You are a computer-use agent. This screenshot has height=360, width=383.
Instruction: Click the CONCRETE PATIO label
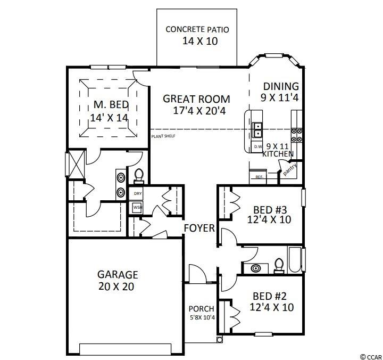coord(197,29)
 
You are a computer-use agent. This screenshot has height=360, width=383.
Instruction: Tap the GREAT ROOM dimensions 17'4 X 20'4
coord(199,111)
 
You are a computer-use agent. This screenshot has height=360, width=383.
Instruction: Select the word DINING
coord(281,86)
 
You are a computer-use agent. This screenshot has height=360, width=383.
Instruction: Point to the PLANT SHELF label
coord(163,136)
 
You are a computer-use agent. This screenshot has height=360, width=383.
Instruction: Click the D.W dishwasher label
coord(258,147)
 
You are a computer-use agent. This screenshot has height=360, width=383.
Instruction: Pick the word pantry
coord(290,169)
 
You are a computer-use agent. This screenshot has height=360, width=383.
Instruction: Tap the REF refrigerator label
coord(260,177)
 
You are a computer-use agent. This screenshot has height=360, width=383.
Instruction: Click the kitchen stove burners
coord(296,135)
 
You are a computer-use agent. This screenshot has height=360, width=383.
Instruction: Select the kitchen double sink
coord(257,130)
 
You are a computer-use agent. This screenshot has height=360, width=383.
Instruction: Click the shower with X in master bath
coord(77,164)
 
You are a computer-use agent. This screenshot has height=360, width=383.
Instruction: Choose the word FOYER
coord(199,228)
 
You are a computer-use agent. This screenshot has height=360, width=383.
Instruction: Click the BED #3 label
coord(270,210)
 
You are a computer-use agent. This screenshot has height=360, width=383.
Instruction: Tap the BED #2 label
coord(269,296)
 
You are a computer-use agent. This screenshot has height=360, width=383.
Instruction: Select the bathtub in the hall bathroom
coord(295,260)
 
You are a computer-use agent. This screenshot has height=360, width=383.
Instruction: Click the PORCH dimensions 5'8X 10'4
coord(203,318)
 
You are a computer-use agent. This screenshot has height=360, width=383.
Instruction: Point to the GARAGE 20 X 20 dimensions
coord(116,287)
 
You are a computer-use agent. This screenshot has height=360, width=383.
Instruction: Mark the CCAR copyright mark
coord(371,356)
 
